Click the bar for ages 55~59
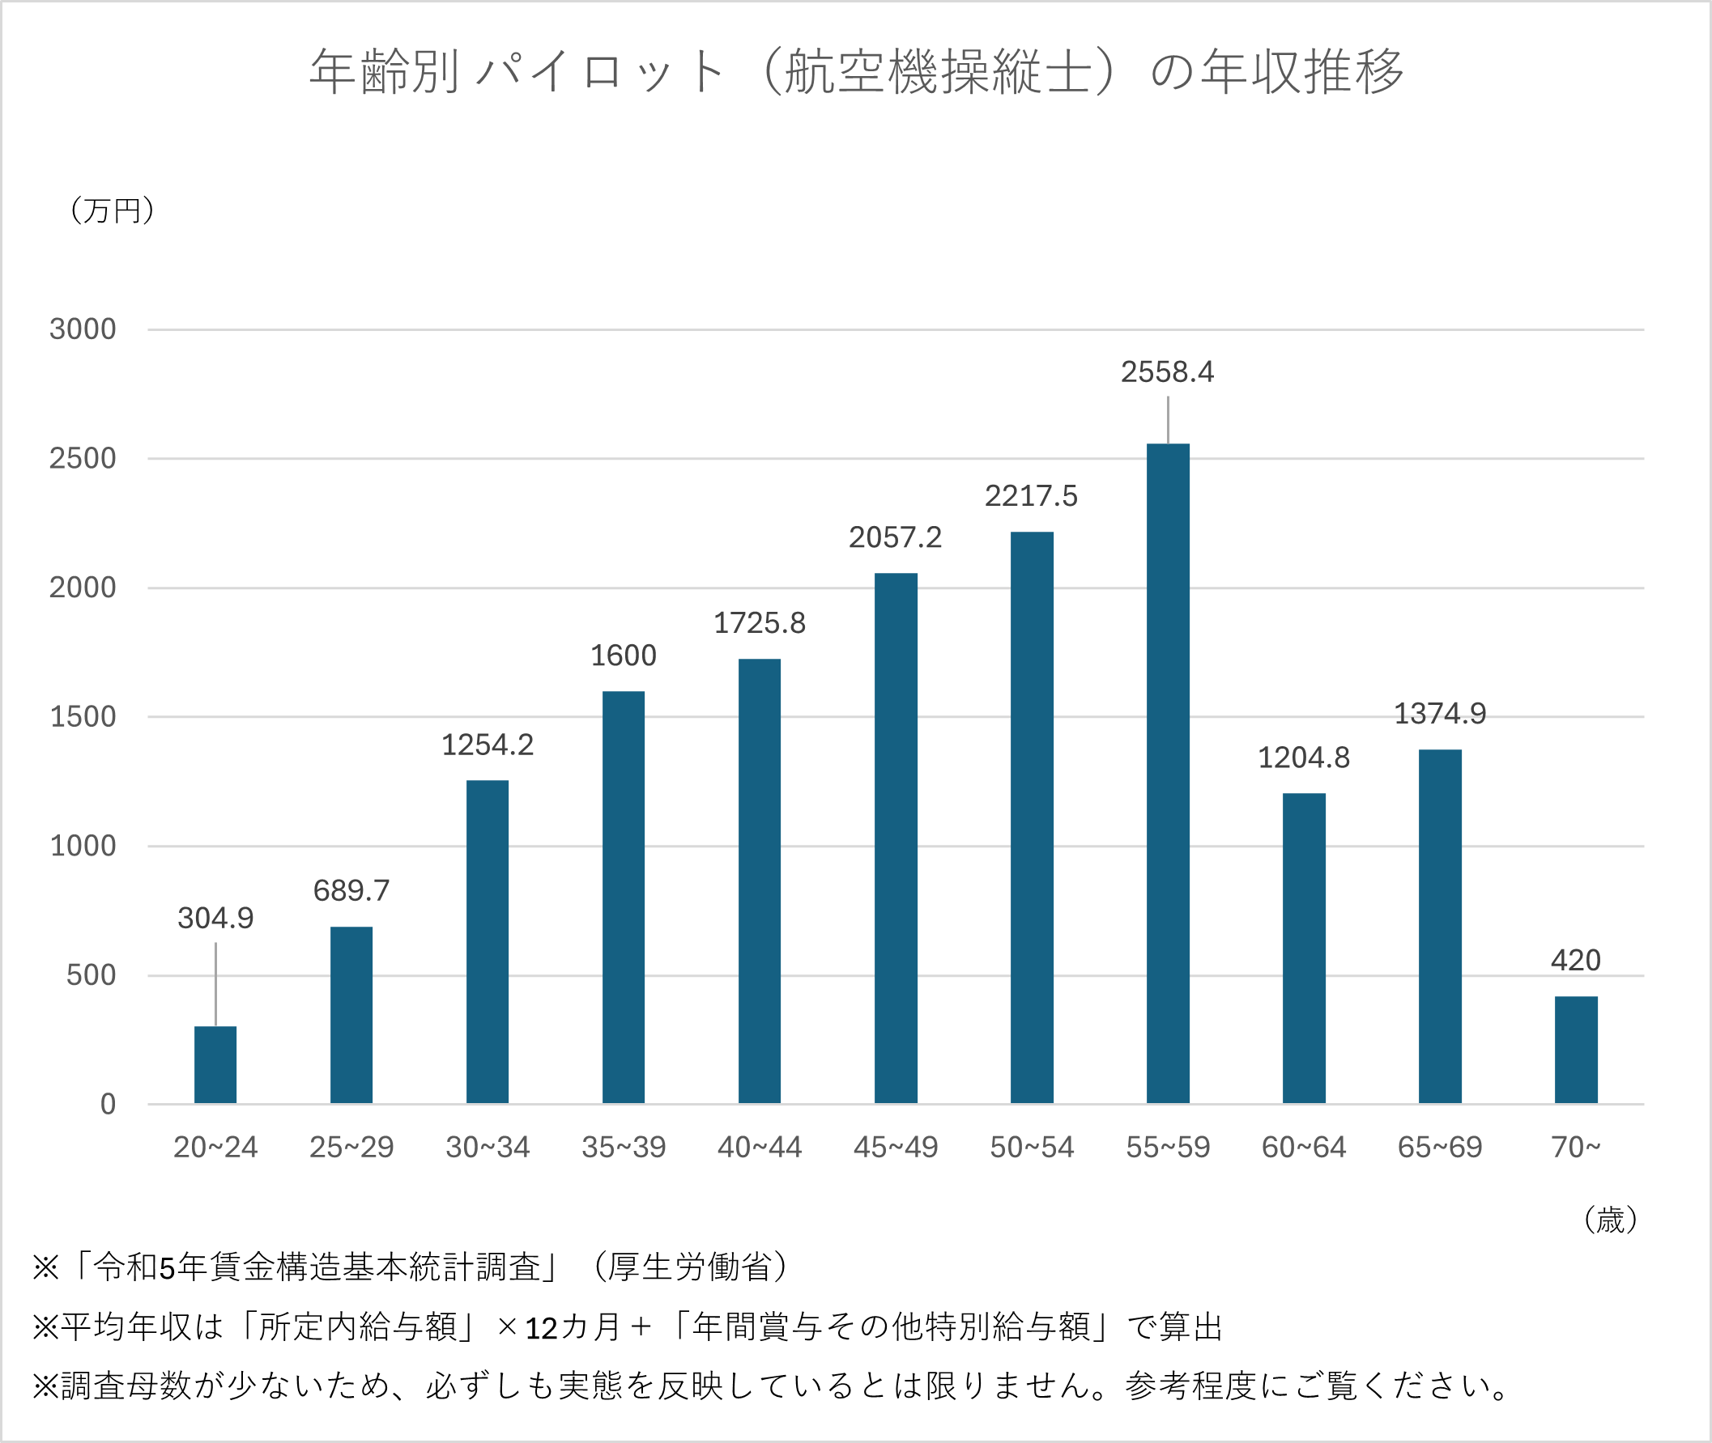click(1167, 773)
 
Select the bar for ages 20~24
click(215, 1064)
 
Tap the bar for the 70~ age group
click(1575, 1050)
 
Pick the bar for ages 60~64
click(1303, 948)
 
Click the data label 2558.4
click(1167, 372)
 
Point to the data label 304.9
click(215, 918)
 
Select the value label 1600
click(623, 656)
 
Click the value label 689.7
click(351, 890)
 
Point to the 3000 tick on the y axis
click(83, 329)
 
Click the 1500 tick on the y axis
click(83, 716)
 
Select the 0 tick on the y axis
click(107, 1105)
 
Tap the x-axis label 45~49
click(896, 1147)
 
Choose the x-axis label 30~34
click(487, 1147)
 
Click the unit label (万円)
click(112, 210)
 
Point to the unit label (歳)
click(1610, 1220)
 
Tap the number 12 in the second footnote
click(541, 1328)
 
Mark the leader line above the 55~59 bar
click(1168, 420)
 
